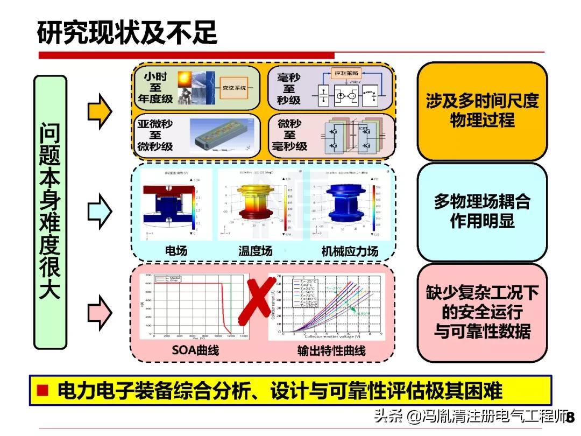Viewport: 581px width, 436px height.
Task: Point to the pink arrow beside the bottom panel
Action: tap(100, 312)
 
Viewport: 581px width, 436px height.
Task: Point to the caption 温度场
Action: tap(256, 251)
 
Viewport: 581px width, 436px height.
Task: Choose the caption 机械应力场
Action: tap(350, 251)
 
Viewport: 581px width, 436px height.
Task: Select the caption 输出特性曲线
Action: tap(331, 350)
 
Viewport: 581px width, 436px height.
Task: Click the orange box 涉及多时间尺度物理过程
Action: tap(482, 110)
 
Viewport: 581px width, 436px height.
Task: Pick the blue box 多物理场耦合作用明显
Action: tap(482, 211)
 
